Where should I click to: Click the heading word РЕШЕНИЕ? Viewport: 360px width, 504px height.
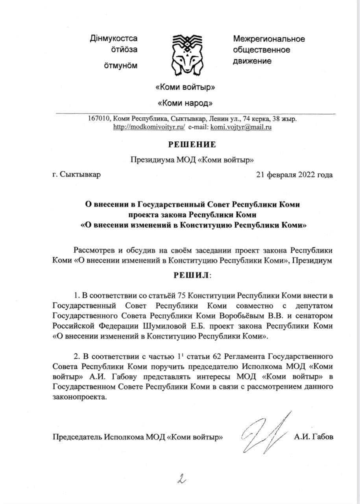pos(192,145)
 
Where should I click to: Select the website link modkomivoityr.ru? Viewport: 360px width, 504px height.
pos(149,128)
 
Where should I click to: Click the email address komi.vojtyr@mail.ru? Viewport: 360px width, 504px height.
pos(241,128)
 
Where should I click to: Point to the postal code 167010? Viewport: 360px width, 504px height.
pos(102,119)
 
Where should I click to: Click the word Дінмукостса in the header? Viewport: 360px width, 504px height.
pos(114,39)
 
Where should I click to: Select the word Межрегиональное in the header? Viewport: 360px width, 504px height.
pos(269,39)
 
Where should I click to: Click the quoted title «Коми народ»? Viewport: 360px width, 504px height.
pos(185,103)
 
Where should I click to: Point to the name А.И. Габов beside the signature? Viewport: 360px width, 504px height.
pos(313,437)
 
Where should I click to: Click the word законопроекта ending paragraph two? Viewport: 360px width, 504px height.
pos(79,397)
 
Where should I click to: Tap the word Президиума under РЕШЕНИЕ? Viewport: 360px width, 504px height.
pos(153,160)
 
